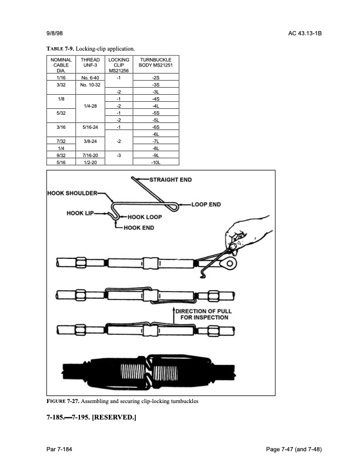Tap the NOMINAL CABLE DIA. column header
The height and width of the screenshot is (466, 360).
pos(61,65)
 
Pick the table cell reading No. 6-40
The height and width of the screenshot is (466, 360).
pos(91,78)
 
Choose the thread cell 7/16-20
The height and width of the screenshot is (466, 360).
pos(91,155)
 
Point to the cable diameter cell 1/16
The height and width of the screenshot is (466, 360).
pos(61,78)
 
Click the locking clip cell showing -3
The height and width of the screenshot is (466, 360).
pos(119,155)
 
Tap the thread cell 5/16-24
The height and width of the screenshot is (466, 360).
pos(91,127)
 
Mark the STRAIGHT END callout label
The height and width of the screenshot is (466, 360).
pos(171,179)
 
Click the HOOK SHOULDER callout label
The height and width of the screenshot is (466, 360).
pos(74,193)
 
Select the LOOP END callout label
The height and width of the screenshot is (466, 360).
pos(206,205)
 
